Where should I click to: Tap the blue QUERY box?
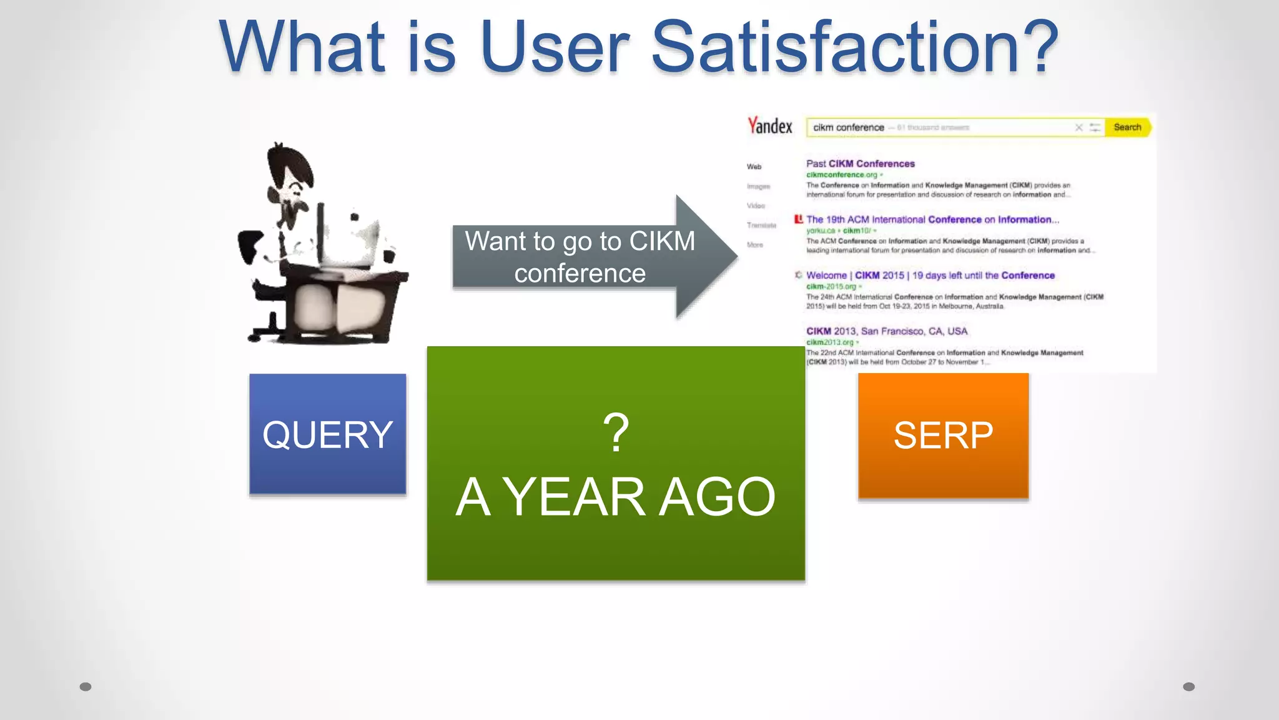(327, 434)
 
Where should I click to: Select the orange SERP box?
(943, 436)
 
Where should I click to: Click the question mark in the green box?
(616, 432)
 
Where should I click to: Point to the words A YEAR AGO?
(616, 497)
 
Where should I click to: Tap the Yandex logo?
(770, 126)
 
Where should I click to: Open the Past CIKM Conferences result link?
(860, 164)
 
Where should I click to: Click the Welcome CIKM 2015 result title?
(930, 275)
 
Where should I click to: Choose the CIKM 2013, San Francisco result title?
(886, 331)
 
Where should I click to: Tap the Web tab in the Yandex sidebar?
(754, 167)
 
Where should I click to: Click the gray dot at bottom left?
(86, 687)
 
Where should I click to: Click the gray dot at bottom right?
(1188, 687)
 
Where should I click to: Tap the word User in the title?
(555, 47)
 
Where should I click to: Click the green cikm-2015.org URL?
(831, 286)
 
